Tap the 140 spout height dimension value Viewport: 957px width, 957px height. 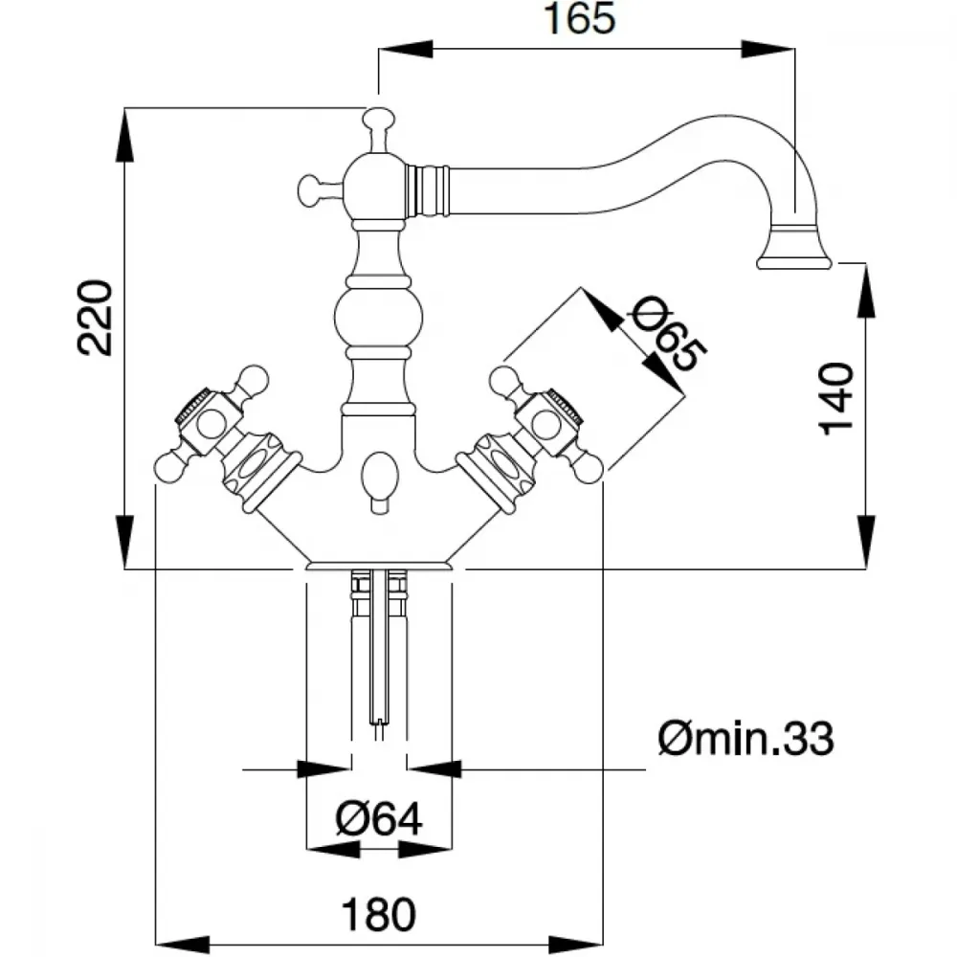click(837, 396)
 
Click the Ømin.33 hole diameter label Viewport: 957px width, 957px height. click(746, 739)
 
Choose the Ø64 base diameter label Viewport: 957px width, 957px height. click(379, 818)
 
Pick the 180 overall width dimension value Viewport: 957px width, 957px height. click(380, 916)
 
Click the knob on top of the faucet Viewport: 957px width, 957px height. click(378, 122)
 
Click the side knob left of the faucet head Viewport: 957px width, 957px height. click(307, 189)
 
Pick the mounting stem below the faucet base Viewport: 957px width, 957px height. click(379, 651)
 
